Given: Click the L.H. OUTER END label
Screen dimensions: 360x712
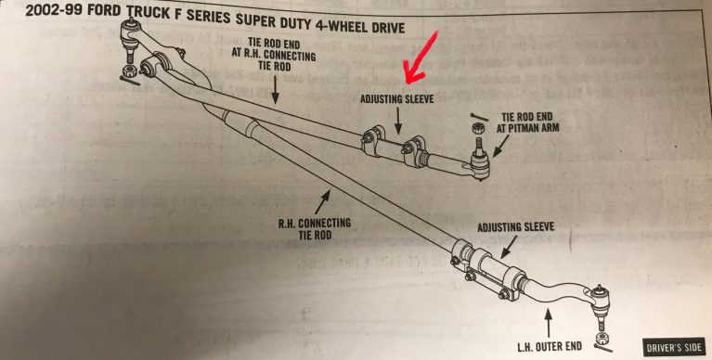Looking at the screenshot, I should (548, 345).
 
